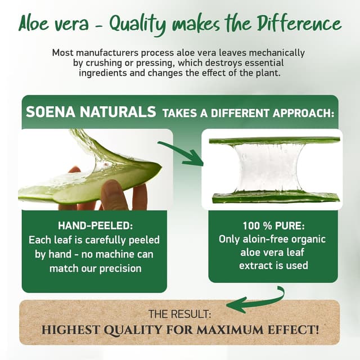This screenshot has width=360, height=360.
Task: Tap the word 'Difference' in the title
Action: (x=300, y=24)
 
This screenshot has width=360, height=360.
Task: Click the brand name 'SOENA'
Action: (x=51, y=111)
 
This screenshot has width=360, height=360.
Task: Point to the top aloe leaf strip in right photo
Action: (x=274, y=140)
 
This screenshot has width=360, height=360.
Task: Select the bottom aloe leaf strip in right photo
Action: (x=276, y=197)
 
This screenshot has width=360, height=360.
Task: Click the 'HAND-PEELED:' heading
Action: (x=94, y=226)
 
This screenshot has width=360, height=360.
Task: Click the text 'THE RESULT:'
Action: (x=179, y=313)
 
